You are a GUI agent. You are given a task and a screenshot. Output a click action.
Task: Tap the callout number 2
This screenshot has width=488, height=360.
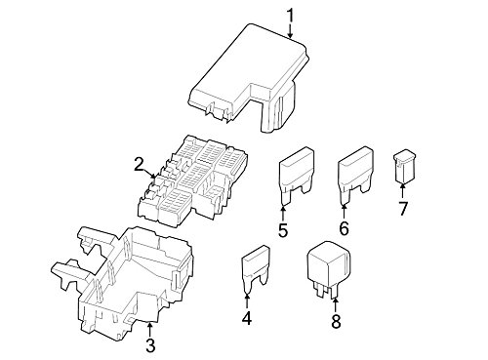140,162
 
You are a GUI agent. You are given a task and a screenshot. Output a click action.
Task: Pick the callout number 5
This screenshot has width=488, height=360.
282,230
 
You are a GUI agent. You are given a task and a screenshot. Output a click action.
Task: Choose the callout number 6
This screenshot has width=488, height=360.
343,230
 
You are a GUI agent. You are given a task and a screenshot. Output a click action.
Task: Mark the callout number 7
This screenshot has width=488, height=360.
402,210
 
